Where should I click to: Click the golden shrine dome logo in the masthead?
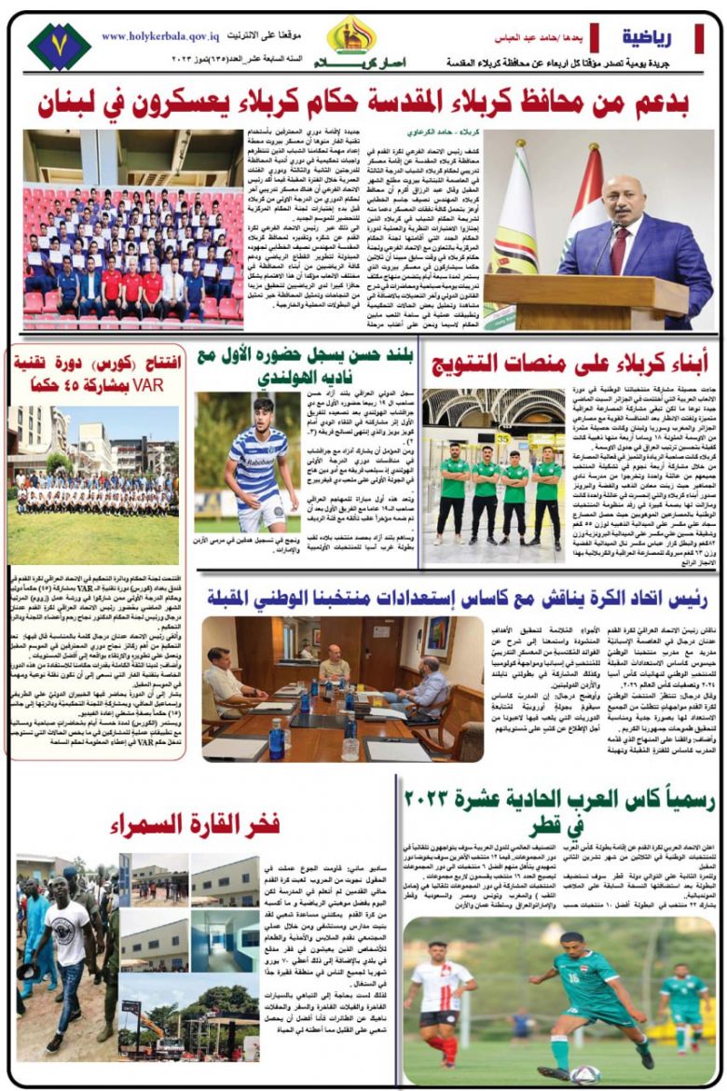tap(351, 35)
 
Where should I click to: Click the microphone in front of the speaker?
tap(612, 244)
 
